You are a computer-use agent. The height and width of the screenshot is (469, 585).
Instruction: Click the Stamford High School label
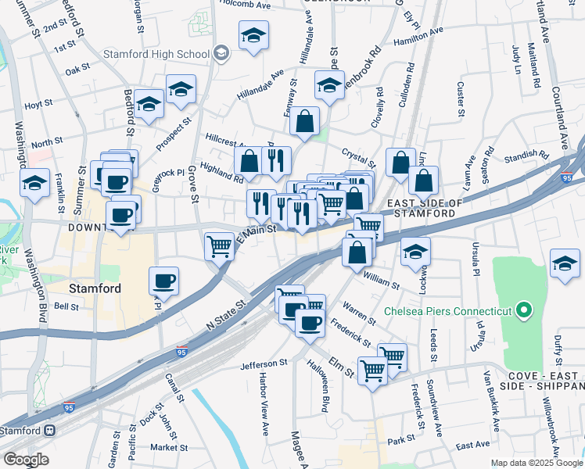[156, 54]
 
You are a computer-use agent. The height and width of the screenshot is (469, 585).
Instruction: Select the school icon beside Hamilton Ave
[253, 36]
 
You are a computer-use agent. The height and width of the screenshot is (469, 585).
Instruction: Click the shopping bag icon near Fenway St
[304, 121]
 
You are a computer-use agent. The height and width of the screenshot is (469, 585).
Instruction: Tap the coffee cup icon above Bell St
[163, 280]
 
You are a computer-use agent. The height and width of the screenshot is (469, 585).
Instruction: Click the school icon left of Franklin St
[34, 184]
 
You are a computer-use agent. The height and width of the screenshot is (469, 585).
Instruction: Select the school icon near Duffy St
[565, 263]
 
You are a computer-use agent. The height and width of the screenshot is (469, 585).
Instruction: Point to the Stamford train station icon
[50, 430]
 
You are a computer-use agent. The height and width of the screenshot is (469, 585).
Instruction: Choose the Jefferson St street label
[264, 363]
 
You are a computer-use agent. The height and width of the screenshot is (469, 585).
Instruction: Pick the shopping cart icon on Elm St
[372, 370]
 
